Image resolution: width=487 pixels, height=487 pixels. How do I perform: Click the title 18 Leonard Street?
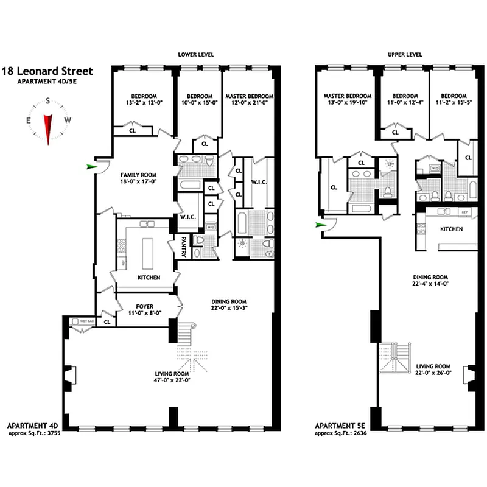pyautogui.click(x=47, y=72)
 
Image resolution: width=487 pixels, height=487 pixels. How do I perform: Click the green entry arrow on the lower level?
pyautogui.click(x=92, y=166)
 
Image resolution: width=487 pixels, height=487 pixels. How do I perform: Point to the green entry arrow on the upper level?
pyautogui.click(x=320, y=225)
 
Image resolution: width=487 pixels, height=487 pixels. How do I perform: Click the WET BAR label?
pyautogui.click(x=86, y=321)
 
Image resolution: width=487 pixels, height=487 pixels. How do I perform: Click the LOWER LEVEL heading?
pyautogui.click(x=195, y=55)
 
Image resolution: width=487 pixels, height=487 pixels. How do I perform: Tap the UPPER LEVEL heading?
pyautogui.click(x=405, y=55)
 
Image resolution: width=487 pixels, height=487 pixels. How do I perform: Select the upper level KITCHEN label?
pyautogui.click(x=451, y=229)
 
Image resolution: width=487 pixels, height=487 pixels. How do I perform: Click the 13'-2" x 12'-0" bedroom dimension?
pyautogui.click(x=144, y=103)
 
